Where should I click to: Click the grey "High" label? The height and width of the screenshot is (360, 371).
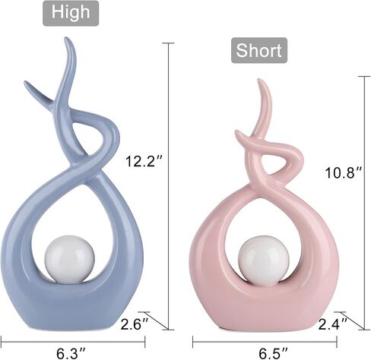tap(71, 13)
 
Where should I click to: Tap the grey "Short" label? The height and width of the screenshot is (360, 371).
tap(259, 50)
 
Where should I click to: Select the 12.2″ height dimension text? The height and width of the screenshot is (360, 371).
tap(144, 161)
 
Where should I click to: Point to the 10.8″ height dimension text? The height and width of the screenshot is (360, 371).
tap(344, 172)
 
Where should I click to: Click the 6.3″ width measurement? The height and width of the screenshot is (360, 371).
tap(71, 353)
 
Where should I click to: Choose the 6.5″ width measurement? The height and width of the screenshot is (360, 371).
tap(273, 353)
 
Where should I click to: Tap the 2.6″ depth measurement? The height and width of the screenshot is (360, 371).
tap(135, 324)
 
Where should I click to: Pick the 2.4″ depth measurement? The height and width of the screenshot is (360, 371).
tap(332, 324)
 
